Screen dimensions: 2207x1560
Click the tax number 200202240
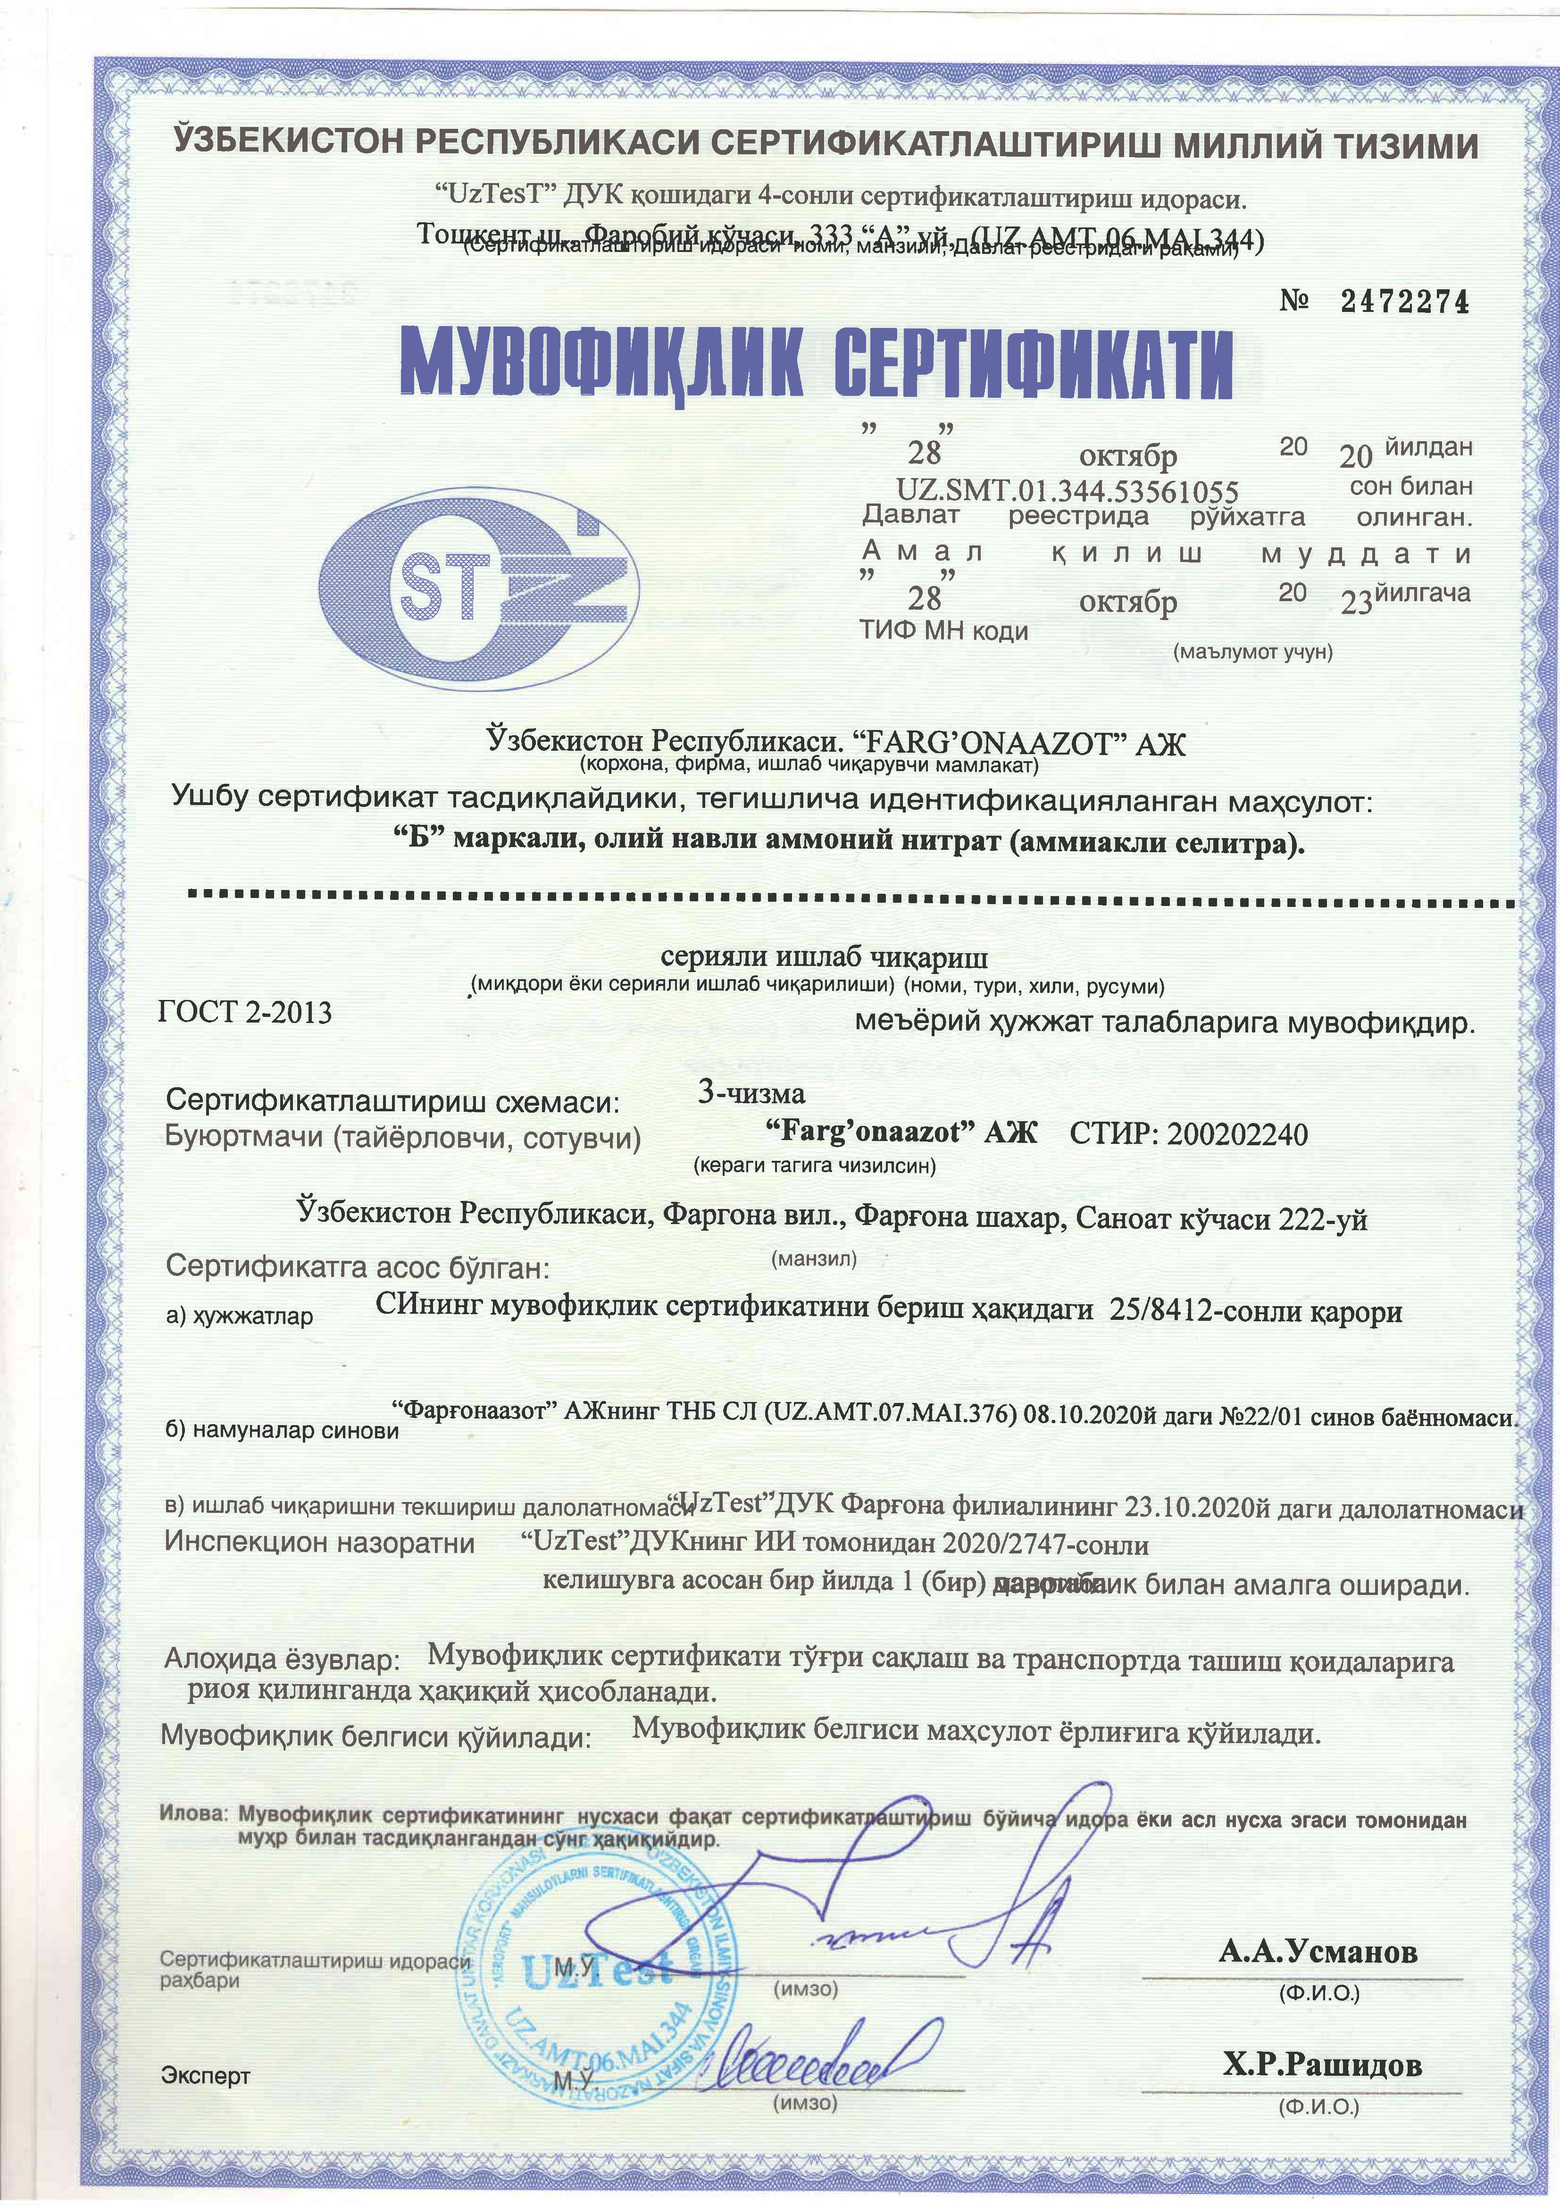pos(1237,1134)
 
